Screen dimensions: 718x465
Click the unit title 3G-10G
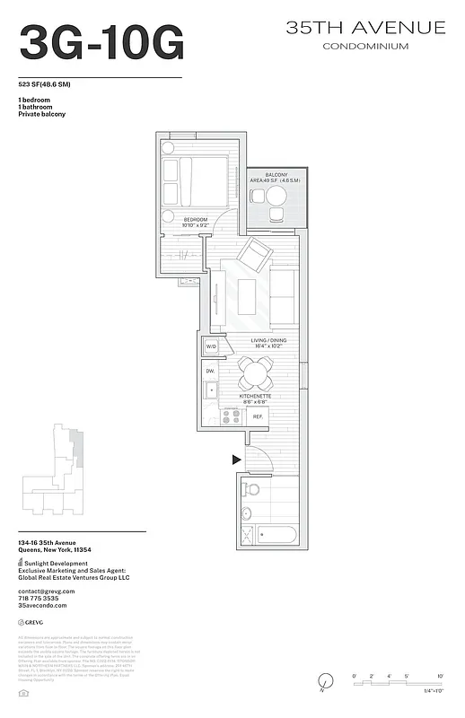(x=101, y=42)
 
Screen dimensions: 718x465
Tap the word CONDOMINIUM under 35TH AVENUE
(x=365, y=46)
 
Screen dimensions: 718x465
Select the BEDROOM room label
(x=197, y=219)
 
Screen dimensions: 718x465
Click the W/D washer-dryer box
(x=212, y=346)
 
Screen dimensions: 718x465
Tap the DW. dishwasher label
(x=210, y=370)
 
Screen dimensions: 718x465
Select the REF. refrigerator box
(x=257, y=417)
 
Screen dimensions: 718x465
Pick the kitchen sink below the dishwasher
(x=211, y=390)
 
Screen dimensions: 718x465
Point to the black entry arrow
(x=237, y=460)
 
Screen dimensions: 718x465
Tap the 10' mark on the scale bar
(x=440, y=674)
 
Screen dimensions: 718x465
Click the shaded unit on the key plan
(x=78, y=443)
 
